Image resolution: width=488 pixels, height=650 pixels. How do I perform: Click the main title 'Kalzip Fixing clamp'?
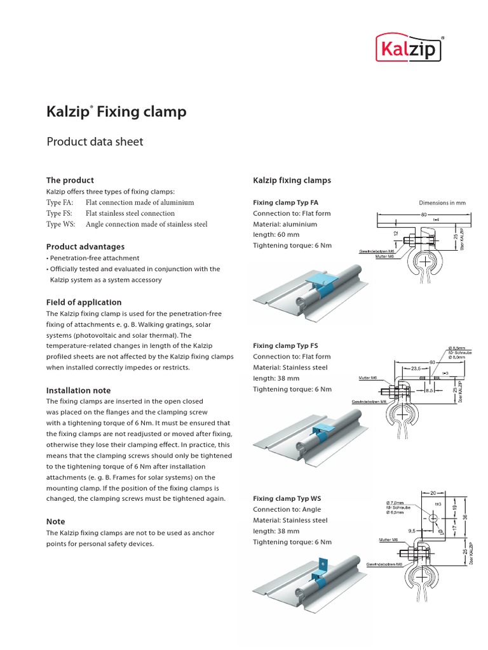point(117,112)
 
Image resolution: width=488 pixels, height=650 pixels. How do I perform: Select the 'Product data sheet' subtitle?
point(95,142)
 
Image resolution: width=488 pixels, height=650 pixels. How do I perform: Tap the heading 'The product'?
point(70,180)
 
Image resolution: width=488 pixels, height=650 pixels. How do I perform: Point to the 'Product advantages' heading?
point(85,246)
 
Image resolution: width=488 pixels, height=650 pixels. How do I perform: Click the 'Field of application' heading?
point(84,302)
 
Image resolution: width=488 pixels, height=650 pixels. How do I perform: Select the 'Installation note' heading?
point(78,390)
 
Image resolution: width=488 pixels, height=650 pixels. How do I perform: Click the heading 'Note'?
point(56,521)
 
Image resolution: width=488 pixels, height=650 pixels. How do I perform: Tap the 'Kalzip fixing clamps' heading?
point(292,180)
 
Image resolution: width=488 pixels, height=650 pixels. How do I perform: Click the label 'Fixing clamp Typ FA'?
point(285,203)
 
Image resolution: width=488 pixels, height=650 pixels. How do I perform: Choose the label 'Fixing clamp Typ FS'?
point(285,346)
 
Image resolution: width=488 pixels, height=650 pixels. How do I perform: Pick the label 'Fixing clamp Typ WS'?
point(287,498)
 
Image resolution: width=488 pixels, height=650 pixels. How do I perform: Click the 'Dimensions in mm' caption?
point(442,203)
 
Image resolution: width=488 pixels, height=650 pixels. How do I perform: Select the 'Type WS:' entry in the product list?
point(61,224)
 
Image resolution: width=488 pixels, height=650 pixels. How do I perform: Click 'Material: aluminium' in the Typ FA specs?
point(285,224)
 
